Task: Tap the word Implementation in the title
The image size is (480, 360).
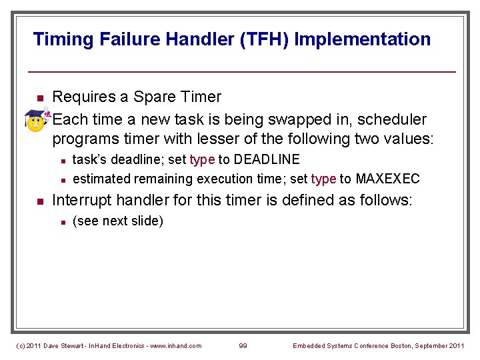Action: (x=363, y=39)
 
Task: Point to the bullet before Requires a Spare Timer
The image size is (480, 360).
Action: (x=39, y=99)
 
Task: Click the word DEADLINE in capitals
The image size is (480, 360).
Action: (x=267, y=159)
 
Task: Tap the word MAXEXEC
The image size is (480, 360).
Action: (x=388, y=179)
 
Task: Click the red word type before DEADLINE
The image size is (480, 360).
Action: (x=202, y=160)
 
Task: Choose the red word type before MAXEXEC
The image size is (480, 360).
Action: (x=323, y=179)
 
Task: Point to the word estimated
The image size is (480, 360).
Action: (x=101, y=179)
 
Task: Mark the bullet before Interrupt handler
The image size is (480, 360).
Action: (x=39, y=201)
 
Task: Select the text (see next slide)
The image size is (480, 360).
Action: (x=117, y=221)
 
